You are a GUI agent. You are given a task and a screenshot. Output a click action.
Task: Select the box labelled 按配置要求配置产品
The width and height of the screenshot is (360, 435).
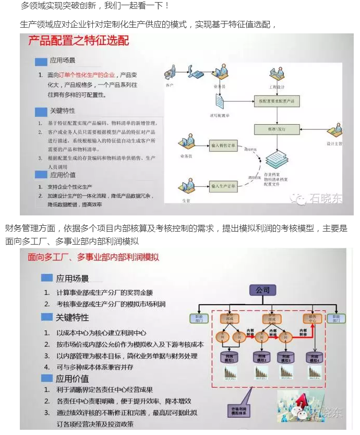(x=277, y=100)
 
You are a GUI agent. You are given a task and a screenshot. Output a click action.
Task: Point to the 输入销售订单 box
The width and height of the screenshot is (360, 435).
(x=224, y=146)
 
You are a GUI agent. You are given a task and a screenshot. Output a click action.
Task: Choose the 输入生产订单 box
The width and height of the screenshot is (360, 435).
(x=224, y=185)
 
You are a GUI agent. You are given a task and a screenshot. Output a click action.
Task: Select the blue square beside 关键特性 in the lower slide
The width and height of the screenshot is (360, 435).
(x=47, y=317)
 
